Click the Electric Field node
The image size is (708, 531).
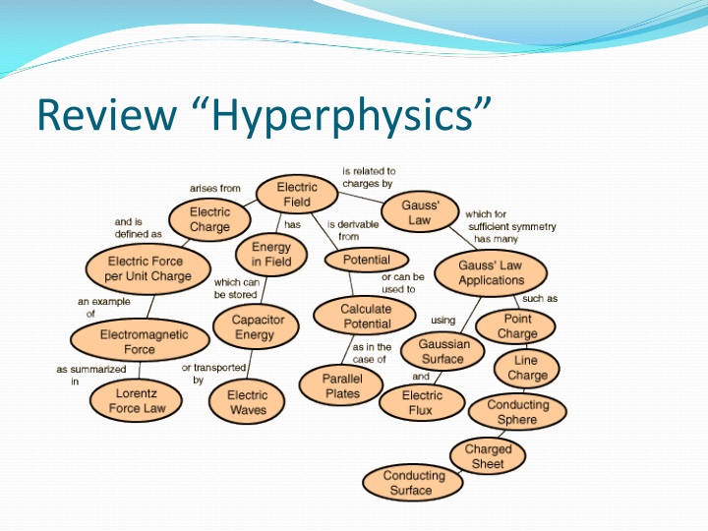(x=296, y=194)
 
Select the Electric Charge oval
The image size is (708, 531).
(x=208, y=219)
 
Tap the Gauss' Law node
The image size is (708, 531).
(x=419, y=212)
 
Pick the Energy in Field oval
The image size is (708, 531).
(x=270, y=255)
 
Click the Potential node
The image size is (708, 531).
(x=365, y=261)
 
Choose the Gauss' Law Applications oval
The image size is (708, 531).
(x=491, y=272)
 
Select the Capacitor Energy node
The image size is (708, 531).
(x=258, y=327)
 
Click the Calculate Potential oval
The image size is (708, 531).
(x=366, y=316)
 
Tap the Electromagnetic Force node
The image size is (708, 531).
(x=128, y=341)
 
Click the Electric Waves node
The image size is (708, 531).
(x=247, y=402)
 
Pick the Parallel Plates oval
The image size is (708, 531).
(x=341, y=385)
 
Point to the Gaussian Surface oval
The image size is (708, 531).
(x=443, y=351)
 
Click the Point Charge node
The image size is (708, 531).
(x=517, y=325)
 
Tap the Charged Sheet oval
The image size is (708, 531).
(x=488, y=456)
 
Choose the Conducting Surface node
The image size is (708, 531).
(x=413, y=482)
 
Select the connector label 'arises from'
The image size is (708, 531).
(x=214, y=188)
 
